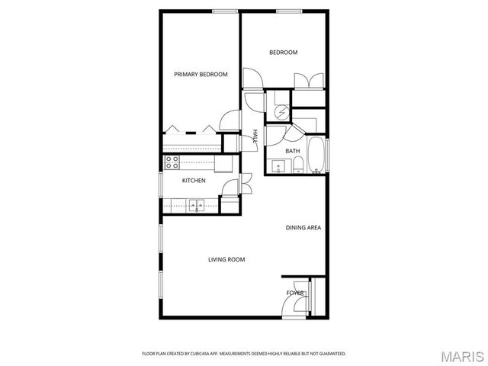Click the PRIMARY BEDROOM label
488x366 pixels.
[x=201, y=74]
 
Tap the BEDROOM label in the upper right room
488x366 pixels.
[x=283, y=53]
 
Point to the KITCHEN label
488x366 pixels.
[x=193, y=181]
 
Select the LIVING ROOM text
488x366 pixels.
[x=226, y=260]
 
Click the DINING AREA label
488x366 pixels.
[x=303, y=228]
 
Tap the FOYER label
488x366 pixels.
[x=295, y=293]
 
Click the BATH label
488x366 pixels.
[x=293, y=151]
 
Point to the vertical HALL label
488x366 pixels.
[x=255, y=136]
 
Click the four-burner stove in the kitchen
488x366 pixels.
[x=172, y=162]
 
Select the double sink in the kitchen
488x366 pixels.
[x=197, y=204]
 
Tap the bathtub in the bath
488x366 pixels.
[x=316, y=156]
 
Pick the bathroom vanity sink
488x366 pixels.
[x=275, y=166]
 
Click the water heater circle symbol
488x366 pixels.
[x=282, y=111]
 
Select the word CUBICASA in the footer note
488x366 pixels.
[x=201, y=354]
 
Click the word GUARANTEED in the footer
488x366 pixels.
[x=330, y=354]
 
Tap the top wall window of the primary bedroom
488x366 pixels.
[x=224, y=11]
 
